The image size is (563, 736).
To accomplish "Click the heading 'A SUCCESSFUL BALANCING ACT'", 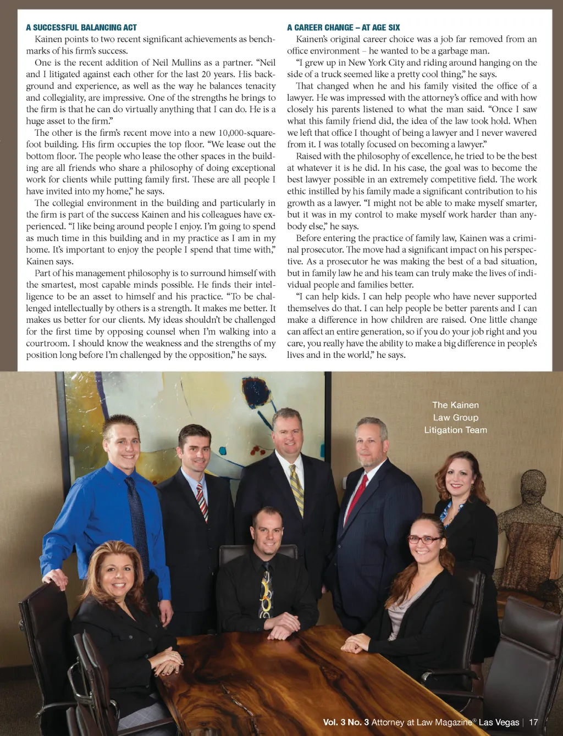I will tap(81, 27).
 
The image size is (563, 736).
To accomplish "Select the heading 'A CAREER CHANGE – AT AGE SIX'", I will tap(343, 27).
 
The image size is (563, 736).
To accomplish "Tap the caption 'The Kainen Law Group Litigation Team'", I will tap(455, 418).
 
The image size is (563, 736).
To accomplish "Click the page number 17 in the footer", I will tap(533, 722).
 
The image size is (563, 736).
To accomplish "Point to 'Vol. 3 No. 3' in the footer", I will tap(346, 722).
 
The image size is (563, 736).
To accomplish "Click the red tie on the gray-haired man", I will tap(356, 497).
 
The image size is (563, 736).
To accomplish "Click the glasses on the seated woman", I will tap(424, 540).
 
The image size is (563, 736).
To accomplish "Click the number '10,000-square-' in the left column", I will tap(247, 132).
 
